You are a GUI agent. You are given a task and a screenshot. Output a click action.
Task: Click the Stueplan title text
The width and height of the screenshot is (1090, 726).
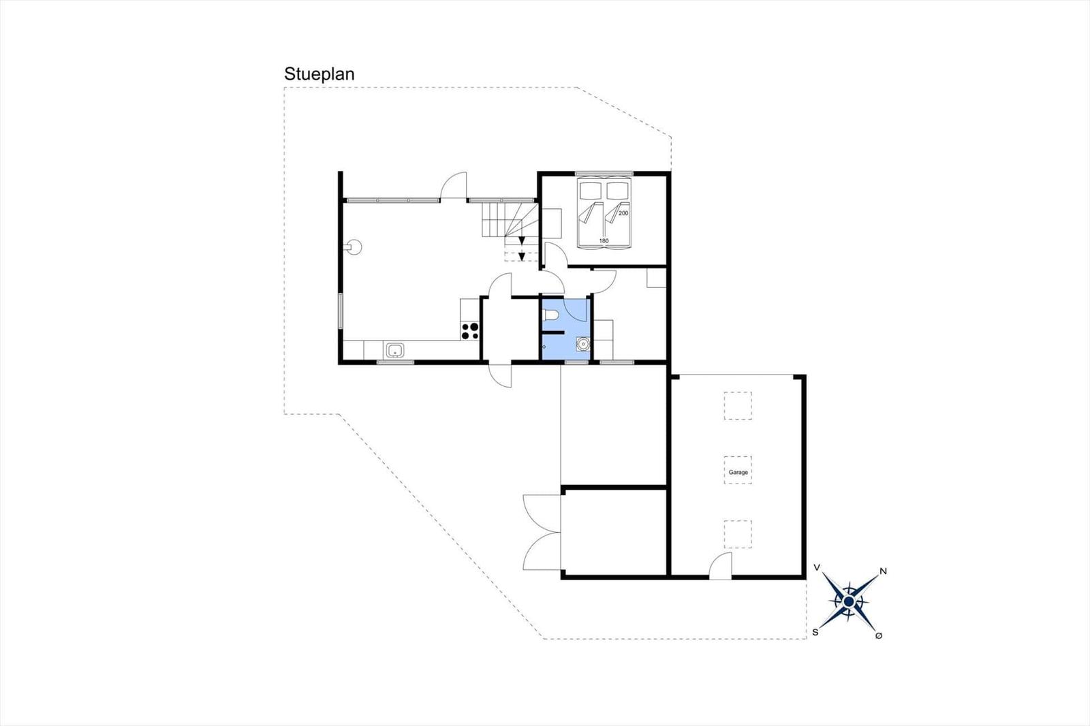point(320,74)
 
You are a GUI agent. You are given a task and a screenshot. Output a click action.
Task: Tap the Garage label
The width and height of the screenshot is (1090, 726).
point(738,472)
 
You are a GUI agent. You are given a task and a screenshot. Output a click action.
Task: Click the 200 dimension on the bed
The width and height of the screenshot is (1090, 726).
point(623,213)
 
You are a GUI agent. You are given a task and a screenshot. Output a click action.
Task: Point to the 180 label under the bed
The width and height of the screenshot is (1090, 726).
point(604,241)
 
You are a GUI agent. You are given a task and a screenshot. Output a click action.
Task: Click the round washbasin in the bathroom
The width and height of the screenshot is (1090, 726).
point(583,344)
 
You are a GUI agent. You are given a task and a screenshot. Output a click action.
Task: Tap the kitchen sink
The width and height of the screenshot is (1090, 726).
point(394,350)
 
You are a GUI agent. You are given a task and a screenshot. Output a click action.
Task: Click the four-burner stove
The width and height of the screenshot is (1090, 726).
point(469,331)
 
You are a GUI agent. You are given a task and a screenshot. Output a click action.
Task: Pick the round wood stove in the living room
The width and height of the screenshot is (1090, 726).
point(354,247)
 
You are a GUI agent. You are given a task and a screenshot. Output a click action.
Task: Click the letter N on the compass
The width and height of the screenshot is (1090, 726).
point(883,571)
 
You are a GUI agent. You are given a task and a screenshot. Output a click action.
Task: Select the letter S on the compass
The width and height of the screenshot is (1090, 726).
point(815,633)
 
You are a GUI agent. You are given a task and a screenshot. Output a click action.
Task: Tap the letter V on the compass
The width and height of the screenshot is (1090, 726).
point(817,567)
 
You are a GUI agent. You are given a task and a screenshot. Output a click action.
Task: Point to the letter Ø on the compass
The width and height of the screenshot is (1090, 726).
point(879,635)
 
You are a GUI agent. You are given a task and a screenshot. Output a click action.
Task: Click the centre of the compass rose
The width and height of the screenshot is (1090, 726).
point(849,602)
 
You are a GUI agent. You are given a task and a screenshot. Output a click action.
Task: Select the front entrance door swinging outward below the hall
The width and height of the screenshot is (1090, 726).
point(501,375)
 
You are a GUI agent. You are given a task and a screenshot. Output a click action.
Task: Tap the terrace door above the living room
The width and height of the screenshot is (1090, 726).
point(454,186)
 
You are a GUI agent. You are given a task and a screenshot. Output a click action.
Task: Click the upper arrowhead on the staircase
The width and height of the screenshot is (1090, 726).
point(522,240)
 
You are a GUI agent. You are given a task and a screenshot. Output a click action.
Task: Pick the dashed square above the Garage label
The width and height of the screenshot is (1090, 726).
point(738,406)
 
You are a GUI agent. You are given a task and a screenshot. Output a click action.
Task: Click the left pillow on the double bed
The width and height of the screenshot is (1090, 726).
point(590,190)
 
